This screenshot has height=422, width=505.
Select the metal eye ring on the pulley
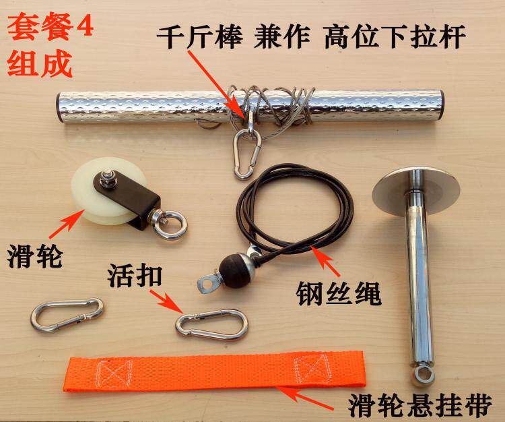coord(169,224)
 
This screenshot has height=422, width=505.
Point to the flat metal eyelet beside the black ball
coord(208,283)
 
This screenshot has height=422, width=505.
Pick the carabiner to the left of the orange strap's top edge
coord(67,315)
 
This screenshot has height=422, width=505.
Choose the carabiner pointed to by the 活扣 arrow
coord(211,325)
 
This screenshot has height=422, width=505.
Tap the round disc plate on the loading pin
coord(416,192)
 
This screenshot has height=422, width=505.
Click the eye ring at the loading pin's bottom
coord(423,375)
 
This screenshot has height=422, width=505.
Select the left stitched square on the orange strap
coord(115,373)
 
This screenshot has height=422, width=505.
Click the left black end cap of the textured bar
coord(59,107)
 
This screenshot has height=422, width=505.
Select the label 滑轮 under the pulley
coord(35,256)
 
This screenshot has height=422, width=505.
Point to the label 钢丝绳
coord(339,293)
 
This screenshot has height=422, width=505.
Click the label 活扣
coord(135,276)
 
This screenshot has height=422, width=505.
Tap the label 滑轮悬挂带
coord(420,405)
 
